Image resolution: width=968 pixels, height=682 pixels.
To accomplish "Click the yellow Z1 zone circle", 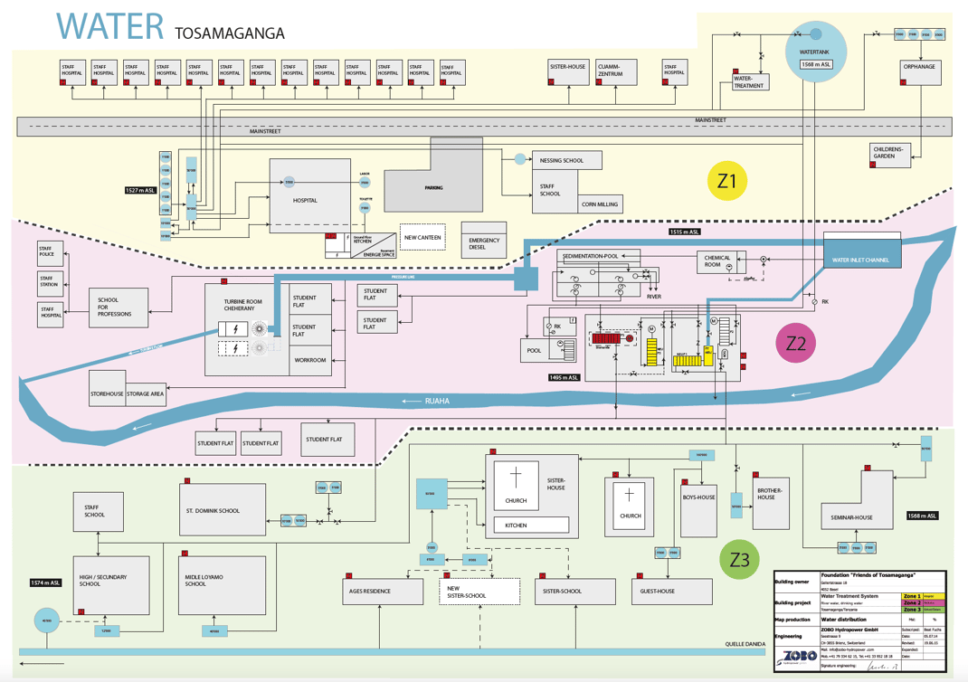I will [726, 181].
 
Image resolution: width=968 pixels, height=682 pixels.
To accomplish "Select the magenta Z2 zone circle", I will [795, 343].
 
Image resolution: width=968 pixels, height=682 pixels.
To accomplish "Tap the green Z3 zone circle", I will [739, 560].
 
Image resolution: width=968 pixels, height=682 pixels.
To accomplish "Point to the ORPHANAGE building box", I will [920, 71].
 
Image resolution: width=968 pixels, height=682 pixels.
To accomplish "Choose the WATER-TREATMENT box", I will [748, 81].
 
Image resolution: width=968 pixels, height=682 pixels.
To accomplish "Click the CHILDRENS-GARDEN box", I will [889, 153].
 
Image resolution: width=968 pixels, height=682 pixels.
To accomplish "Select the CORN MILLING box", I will [600, 204].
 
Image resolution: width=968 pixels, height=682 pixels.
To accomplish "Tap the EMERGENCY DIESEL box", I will [484, 244].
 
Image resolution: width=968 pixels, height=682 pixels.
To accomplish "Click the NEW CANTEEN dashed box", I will [422, 237].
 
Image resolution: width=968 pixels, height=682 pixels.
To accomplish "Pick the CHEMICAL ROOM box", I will [719, 261].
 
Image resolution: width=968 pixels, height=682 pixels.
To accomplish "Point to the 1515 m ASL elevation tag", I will [685, 232].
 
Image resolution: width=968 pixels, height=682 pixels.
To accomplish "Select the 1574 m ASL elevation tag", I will [46, 583].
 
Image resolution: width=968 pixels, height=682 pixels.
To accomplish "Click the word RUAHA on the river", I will [437, 400].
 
